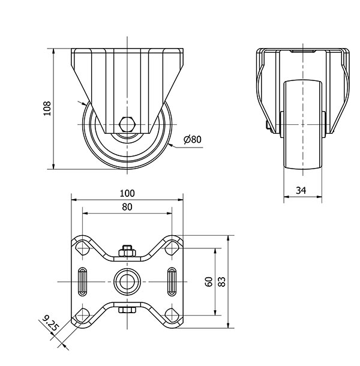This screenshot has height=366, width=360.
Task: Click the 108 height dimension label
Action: point(47,109)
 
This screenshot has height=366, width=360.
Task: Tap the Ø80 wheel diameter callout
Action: point(193,139)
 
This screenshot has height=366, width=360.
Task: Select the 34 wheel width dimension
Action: point(301,190)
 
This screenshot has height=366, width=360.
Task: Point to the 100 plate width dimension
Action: point(127,193)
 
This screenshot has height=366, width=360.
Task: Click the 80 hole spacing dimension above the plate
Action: point(127,207)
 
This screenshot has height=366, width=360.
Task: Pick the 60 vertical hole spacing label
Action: point(209,282)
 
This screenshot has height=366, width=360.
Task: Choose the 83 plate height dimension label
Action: point(222,282)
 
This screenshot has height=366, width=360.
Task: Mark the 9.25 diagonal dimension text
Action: point(50,323)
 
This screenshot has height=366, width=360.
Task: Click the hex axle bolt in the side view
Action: point(127,124)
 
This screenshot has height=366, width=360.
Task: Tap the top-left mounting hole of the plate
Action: point(83,248)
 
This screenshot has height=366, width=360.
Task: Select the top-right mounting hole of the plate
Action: point(172,248)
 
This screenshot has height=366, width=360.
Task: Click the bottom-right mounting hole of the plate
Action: point(172,315)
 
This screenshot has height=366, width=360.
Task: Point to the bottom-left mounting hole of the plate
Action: point(83,315)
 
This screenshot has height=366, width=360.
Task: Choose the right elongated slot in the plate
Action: point(172,282)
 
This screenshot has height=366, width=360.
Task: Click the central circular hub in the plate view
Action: point(127,282)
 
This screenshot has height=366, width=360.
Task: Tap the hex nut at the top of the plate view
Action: point(127,251)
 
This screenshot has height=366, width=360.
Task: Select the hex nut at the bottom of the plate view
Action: point(127,310)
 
